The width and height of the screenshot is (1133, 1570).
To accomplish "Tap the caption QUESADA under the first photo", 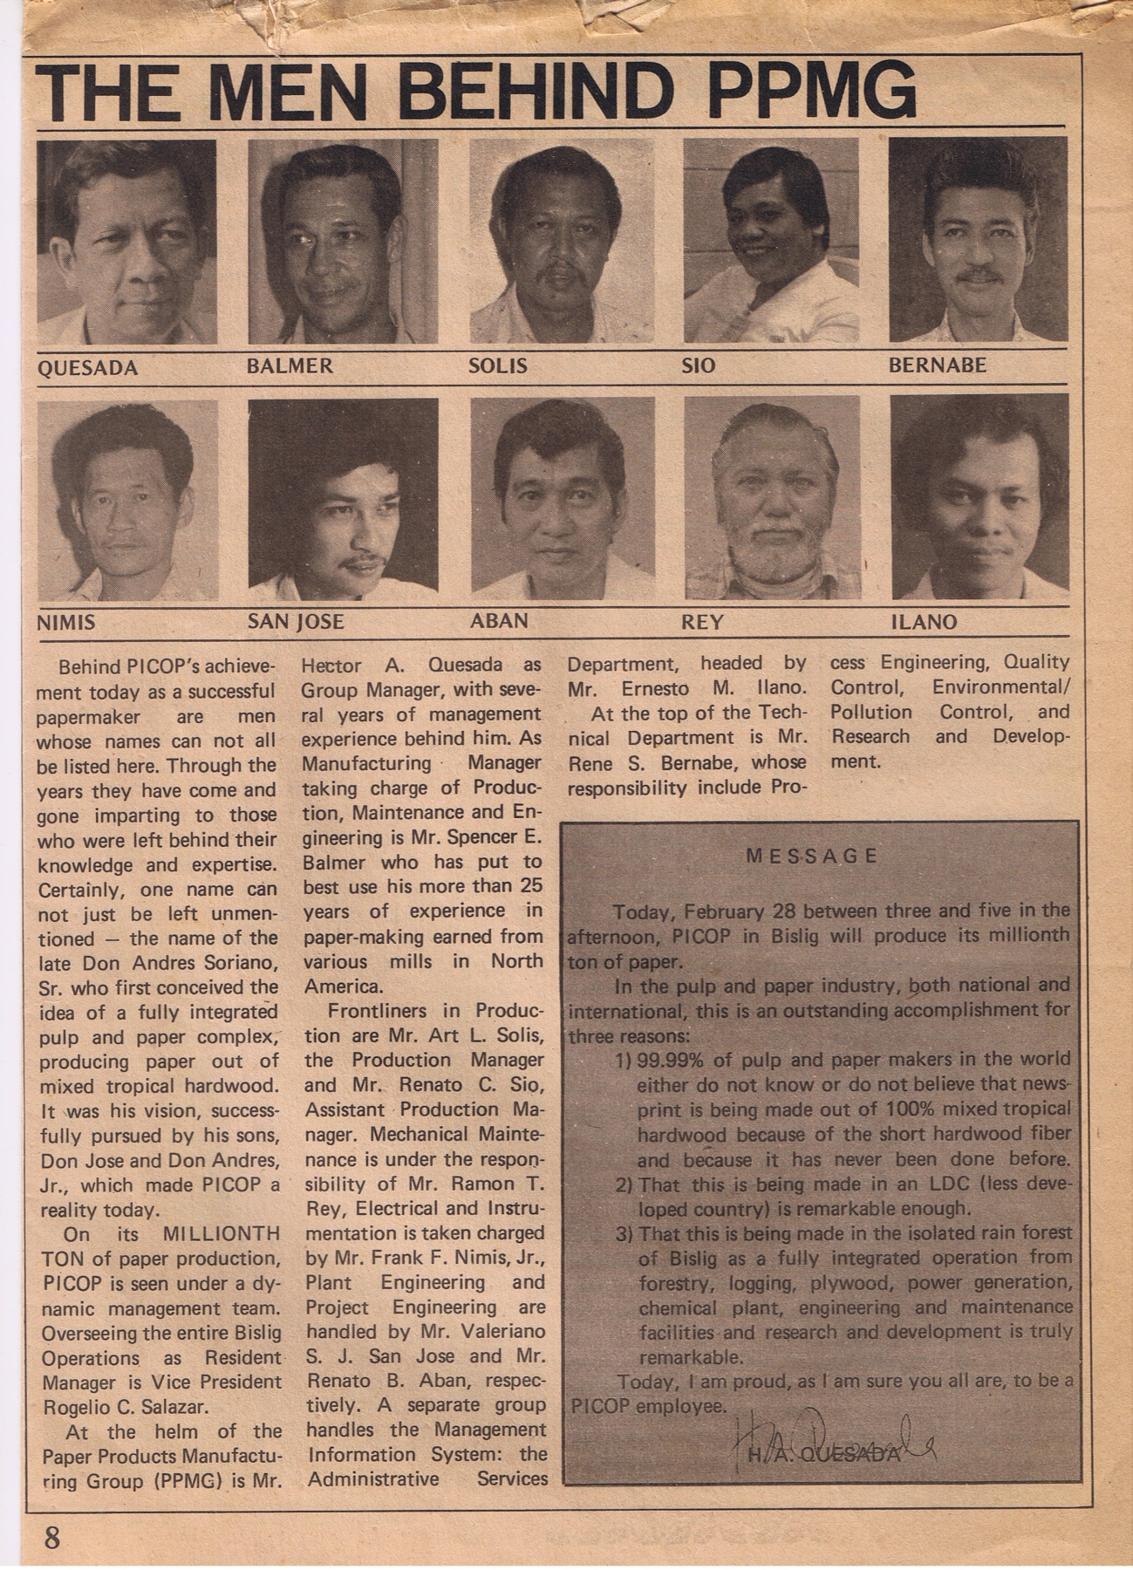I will click(87, 368).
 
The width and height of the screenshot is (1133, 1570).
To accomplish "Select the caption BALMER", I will click(290, 365).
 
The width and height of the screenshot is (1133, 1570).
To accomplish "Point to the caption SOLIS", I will click(498, 365).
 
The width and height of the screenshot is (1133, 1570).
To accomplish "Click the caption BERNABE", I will click(937, 365).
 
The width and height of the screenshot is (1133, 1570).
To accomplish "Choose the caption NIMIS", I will click(66, 623).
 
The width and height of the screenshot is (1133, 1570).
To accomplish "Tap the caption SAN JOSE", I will click(296, 622).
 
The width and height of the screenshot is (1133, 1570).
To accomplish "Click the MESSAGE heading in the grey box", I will click(811, 856).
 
